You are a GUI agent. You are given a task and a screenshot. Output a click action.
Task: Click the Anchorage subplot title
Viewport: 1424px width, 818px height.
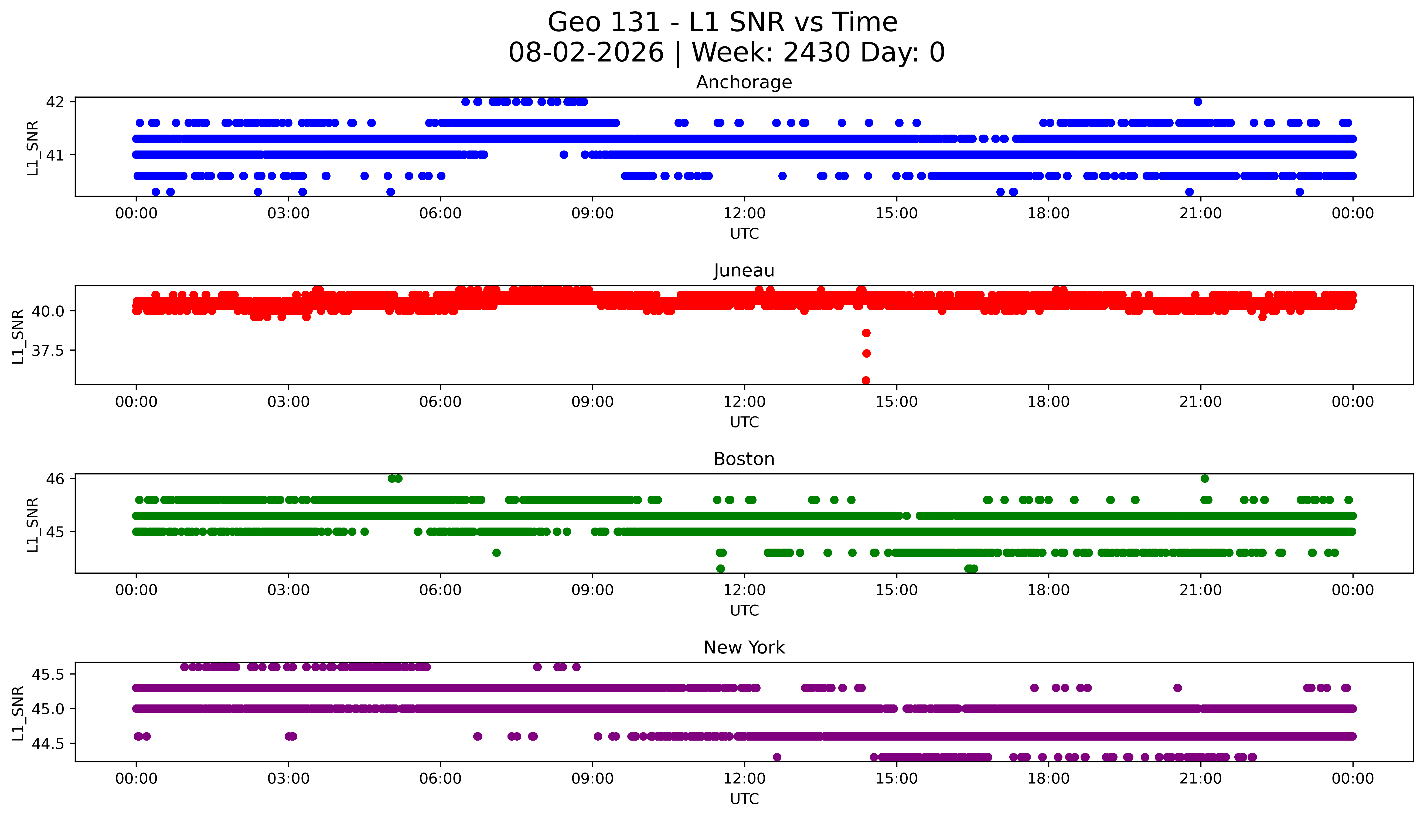click(744, 83)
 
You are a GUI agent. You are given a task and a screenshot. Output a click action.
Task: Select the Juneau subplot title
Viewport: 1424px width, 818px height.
click(744, 271)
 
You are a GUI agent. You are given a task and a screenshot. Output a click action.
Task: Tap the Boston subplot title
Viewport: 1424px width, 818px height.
click(744, 459)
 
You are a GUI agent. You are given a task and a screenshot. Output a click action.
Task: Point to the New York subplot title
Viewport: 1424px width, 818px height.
click(744, 648)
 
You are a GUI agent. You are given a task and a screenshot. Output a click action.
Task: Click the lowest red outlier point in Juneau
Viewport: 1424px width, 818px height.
click(866, 380)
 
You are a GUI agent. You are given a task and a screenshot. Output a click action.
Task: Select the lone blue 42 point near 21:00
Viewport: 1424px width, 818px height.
click(1198, 102)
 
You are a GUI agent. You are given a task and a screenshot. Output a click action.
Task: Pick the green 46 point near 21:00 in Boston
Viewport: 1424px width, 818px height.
click(1204, 479)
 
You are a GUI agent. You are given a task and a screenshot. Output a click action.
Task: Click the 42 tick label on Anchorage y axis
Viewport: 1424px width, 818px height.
click(56, 102)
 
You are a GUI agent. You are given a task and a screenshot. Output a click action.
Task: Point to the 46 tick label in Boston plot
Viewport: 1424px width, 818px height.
click(56, 479)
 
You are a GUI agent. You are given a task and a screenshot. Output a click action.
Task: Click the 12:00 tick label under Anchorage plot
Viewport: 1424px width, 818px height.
click(744, 214)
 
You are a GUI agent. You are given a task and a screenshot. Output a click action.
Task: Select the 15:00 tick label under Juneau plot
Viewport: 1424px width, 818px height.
click(896, 402)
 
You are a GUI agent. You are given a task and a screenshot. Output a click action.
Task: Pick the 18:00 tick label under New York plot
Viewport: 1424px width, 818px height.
click(1049, 779)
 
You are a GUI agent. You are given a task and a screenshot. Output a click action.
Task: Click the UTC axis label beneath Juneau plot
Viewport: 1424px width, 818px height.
click(744, 422)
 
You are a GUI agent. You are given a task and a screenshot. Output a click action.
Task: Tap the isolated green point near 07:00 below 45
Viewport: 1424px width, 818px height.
click(496, 553)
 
